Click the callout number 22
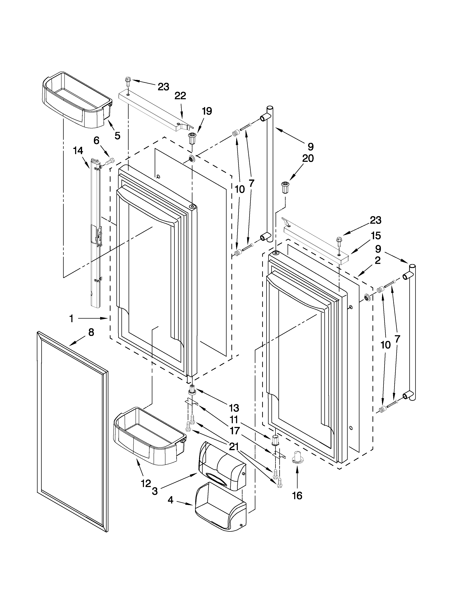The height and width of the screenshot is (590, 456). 180,96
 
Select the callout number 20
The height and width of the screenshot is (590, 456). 308,158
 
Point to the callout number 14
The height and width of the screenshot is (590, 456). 78,151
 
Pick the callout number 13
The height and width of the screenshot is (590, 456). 234,408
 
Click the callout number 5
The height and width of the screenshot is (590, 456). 117,136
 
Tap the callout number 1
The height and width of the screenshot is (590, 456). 71,319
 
